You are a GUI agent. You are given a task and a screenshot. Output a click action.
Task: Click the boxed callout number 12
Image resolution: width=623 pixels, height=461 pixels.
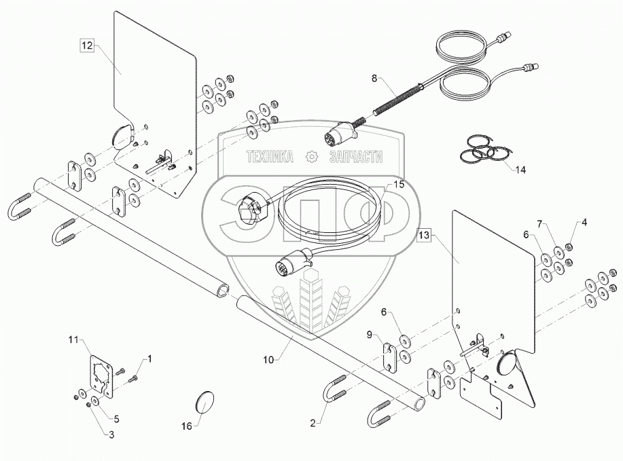86,45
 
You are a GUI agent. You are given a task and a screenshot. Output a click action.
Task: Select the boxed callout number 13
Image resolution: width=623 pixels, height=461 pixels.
424,235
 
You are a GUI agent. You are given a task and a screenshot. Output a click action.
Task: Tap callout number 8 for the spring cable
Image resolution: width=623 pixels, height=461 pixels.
374,78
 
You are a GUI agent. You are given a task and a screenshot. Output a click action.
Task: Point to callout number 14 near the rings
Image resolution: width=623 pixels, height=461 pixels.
520,170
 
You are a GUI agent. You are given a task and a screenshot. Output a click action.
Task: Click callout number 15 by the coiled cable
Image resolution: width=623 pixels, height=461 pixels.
399,185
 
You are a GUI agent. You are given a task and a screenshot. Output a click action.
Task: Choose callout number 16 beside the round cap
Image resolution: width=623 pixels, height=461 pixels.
187,426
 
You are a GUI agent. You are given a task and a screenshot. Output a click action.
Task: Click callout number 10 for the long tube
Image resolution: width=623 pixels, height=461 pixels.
268,360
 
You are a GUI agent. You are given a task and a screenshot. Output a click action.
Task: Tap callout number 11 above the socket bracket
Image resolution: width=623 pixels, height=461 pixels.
73,339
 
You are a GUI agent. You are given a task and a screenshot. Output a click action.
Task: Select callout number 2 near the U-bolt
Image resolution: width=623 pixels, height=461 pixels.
313,423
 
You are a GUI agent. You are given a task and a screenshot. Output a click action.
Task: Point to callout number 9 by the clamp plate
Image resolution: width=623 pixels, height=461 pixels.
370,335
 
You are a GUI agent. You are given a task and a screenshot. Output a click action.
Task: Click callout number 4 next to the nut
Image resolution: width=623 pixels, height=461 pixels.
584,223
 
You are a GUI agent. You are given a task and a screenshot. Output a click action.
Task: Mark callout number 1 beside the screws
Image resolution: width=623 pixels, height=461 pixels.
149,359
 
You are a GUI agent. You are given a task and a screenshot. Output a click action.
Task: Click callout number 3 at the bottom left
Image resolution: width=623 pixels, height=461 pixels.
111,435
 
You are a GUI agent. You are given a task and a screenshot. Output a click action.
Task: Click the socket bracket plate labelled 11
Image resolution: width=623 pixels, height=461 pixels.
101,376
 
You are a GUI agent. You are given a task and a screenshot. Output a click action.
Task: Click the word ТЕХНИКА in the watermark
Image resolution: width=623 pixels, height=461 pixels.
270,157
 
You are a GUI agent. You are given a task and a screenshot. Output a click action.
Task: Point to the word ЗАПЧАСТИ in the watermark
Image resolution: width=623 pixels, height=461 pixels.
356,157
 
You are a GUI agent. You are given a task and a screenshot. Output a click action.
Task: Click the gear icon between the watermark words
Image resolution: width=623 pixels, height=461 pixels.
312,157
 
